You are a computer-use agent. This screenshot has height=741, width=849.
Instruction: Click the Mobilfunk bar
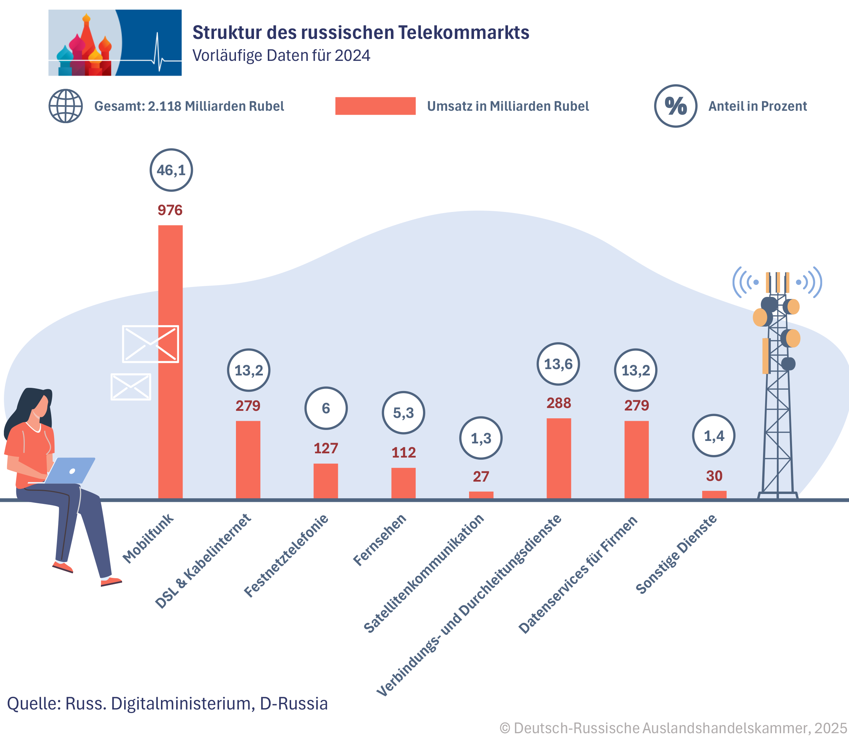tap(170, 362)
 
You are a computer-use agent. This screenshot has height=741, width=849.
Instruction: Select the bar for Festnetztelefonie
tap(326, 481)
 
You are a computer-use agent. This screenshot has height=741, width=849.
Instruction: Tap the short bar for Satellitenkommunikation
tap(481, 495)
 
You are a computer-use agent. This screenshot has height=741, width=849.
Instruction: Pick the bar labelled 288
tap(559, 458)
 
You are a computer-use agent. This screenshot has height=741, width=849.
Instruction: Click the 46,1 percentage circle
tap(171, 170)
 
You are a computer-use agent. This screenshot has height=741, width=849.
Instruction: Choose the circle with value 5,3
tap(403, 413)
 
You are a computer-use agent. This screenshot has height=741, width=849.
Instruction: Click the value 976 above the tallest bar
tap(170, 210)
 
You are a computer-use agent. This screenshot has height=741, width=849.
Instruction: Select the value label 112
tap(403, 452)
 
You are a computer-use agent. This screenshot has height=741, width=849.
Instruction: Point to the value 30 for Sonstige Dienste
tap(714, 476)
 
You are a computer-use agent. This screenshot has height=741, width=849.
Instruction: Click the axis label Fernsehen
tap(380, 540)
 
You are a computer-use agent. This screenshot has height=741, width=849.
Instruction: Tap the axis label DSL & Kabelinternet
tap(203, 561)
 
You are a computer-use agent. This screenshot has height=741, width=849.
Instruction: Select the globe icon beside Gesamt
tap(66, 106)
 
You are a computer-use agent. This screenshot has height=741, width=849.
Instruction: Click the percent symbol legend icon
tap(675, 106)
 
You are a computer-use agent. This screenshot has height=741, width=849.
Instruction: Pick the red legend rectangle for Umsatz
tap(375, 106)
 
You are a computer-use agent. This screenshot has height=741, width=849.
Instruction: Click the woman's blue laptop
tap(70, 471)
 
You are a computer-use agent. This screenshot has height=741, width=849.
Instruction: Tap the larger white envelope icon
tap(150, 344)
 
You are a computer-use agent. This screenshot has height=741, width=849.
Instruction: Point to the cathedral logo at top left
tap(115, 42)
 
